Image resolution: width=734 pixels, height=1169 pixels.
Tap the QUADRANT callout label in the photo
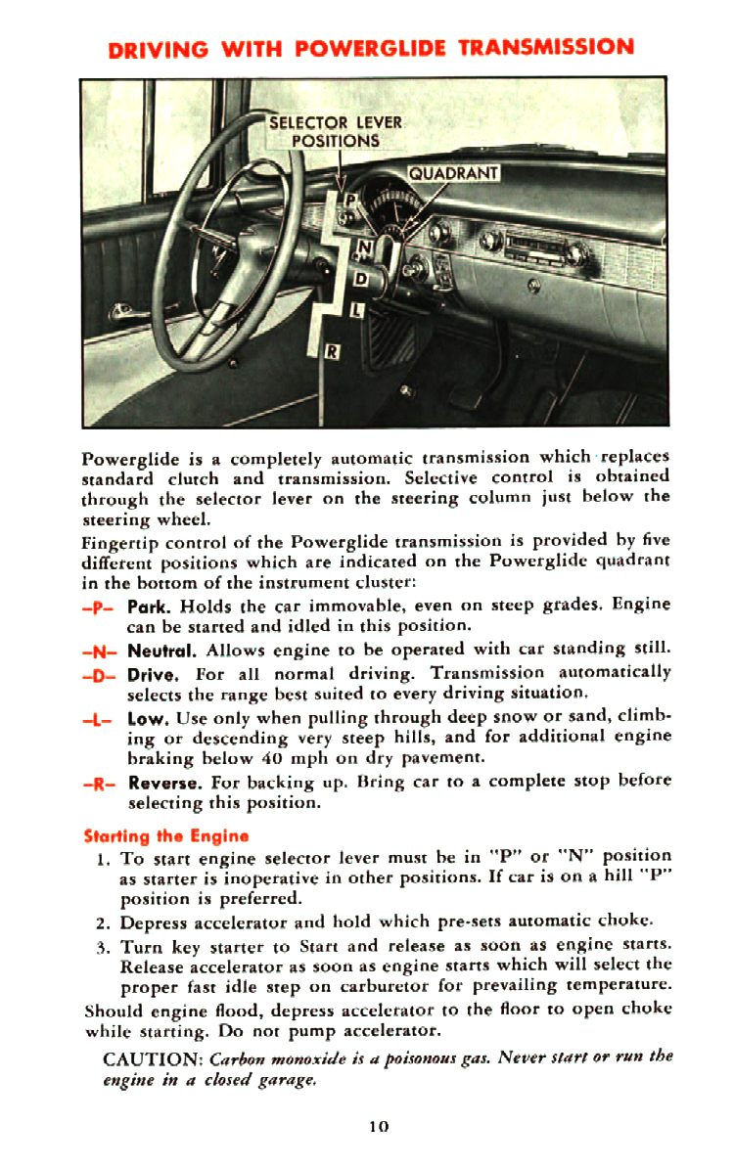(x=453, y=174)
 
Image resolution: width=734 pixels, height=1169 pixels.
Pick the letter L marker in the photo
(x=355, y=311)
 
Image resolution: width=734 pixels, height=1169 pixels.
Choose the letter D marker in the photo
(x=359, y=279)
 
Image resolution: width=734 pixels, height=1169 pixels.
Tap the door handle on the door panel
(x=123, y=316)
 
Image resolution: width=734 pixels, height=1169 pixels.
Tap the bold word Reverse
(x=165, y=781)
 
